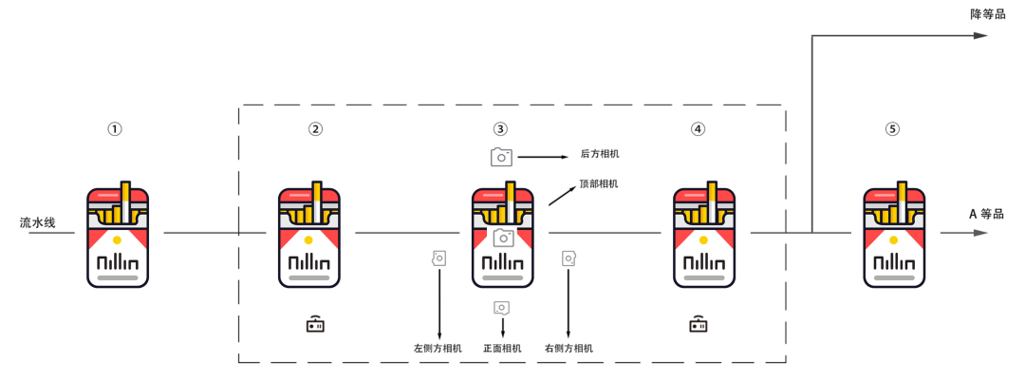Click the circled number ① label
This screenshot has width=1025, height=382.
click(x=115, y=129)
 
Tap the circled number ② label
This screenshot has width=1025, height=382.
click(x=316, y=129)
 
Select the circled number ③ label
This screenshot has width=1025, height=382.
click(x=500, y=129)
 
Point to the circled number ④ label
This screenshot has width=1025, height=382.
click(x=699, y=129)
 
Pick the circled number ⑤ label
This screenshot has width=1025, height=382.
click(x=892, y=129)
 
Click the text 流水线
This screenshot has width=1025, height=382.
click(x=38, y=223)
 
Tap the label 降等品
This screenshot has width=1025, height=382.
click(x=988, y=14)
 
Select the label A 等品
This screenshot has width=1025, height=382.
click(x=987, y=215)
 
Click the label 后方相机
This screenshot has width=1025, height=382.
click(x=600, y=154)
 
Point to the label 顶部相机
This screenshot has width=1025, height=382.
click(x=599, y=183)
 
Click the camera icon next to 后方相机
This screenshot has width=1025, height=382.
click(x=501, y=157)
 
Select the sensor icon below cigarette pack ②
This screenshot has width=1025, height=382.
click(x=316, y=324)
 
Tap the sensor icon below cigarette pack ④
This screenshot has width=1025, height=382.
click(x=699, y=324)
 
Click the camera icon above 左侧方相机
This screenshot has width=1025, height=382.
click(x=438, y=258)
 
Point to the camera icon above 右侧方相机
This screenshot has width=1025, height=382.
click(x=568, y=258)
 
